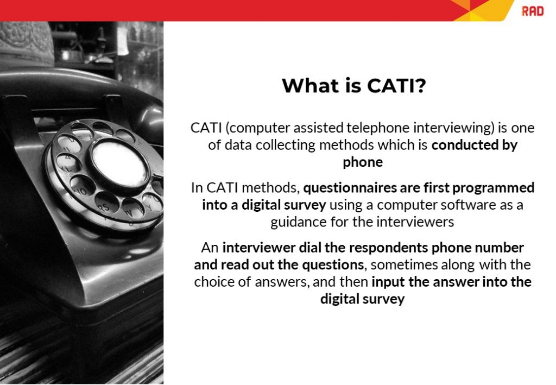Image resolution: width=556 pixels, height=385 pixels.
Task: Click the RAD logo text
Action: click(x=532, y=11)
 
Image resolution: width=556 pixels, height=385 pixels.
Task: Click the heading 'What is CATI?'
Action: click(x=353, y=86)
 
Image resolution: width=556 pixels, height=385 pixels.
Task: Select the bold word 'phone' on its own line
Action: click(x=363, y=162)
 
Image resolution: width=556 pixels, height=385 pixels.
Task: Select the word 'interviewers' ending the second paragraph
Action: click(x=422, y=222)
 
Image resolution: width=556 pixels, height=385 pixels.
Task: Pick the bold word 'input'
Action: click(x=387, y=282)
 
